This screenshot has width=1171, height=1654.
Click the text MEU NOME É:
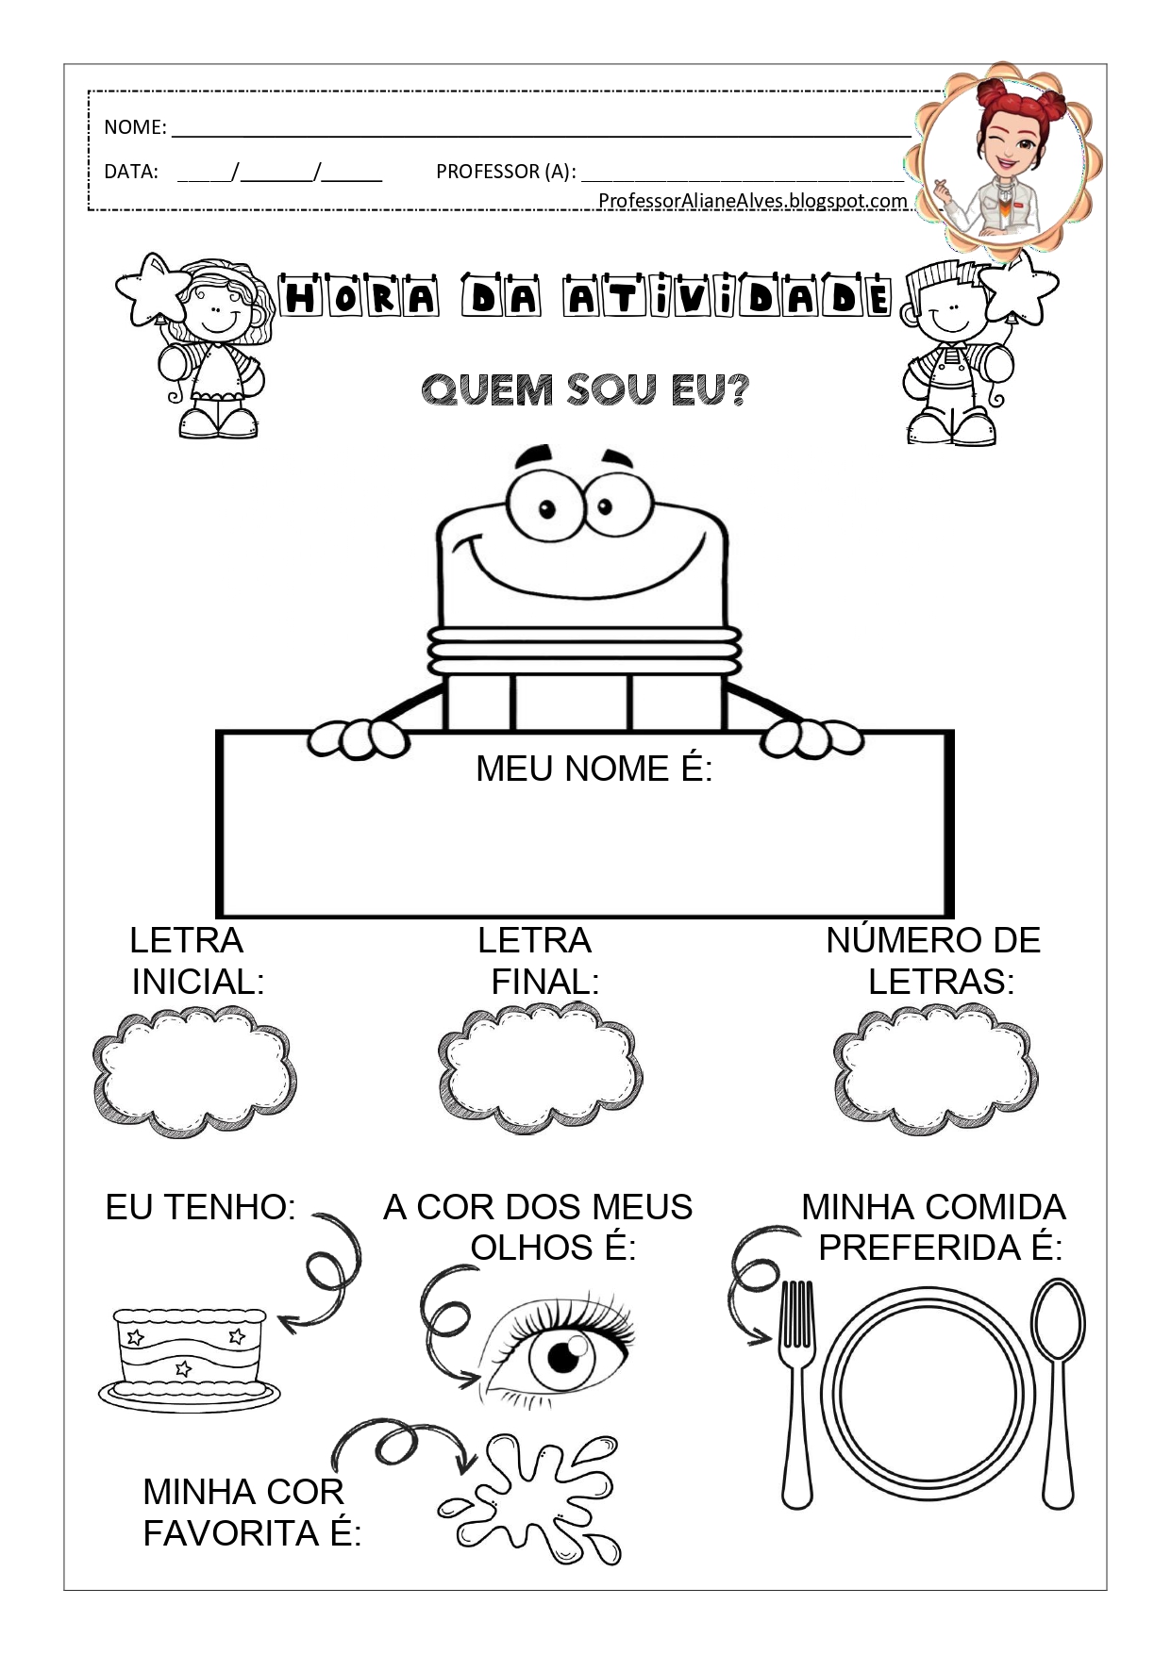point(594,769)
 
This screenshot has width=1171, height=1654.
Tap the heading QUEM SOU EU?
point(585,389)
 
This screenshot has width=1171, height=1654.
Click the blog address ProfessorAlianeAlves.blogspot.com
point(752,200)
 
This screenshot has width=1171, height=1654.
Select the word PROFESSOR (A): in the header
point(505,172)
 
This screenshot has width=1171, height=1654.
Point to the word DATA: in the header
point(131,172)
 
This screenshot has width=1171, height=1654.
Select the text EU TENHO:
point(201,1207)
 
